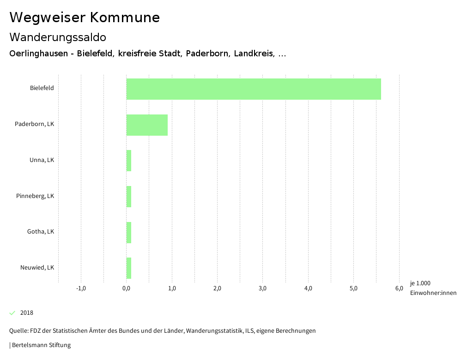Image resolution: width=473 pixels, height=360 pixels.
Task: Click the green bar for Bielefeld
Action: (253, 89)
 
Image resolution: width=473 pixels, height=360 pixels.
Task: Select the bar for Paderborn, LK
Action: (147, 125)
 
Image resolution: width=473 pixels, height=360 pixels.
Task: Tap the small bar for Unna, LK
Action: (129, 161)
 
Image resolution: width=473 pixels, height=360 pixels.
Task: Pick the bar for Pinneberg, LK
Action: (129, 197)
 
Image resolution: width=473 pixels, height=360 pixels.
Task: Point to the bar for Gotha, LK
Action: (129, 233)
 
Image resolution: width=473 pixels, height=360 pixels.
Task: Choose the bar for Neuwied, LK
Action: (129, 268)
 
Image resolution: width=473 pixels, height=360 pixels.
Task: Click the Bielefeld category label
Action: (42, 88)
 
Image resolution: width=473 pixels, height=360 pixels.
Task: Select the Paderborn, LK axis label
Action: (34, 124)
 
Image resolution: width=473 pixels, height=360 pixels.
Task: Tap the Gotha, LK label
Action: (40, 231)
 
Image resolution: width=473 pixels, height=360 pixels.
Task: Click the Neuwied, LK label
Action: (37, 267)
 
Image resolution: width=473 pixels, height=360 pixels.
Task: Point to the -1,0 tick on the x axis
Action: (81, 288)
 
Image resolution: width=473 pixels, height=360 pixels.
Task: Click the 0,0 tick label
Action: (127, 288)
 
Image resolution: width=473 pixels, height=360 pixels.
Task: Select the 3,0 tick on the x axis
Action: (262, 288)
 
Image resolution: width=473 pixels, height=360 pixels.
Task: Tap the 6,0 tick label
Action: (399, 288)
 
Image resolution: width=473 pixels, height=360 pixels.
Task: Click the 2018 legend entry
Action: (26, 313)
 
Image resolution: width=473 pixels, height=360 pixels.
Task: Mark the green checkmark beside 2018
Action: (12, 313)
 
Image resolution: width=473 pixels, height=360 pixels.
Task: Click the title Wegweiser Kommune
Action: (85, 18)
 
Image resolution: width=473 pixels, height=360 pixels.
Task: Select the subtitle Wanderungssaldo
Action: (58, 37)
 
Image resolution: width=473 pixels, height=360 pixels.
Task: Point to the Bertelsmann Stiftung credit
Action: (41, 345)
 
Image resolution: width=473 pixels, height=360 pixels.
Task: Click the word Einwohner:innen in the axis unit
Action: (433, 293)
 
